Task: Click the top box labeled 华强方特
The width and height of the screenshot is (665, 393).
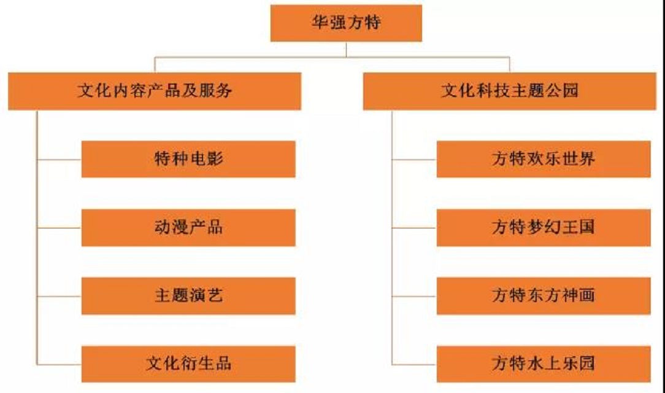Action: (x=346, y=23)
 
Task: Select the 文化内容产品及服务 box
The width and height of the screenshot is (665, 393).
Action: (x=155, y=91)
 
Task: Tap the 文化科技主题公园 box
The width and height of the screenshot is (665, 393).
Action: (x=509, y=91)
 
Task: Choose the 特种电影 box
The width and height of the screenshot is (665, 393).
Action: (x=188, y=159)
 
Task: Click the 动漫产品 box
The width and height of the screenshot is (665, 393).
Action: (x=188, y=227)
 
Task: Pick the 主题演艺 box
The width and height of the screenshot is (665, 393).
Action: (x=188, y=295)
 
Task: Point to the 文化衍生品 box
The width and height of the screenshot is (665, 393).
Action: (x=188, y=363)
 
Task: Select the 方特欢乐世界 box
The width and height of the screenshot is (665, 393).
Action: (x=544, y=159)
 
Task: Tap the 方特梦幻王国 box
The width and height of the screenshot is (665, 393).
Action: (x=544, y=227)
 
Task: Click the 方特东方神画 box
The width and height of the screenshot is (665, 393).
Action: (x=544, y=295)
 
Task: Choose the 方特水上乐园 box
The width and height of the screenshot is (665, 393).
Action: (x=544, y=363)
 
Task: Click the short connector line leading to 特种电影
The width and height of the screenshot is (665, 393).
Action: (x=59, y=160)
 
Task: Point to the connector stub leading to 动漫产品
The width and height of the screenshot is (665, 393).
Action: (x=59, y=228)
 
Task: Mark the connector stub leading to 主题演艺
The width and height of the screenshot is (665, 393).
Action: (x=59, y=296)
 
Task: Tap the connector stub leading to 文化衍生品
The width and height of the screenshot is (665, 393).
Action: (x=59, y=364)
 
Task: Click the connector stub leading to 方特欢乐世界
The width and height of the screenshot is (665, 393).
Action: (x=414, y=160)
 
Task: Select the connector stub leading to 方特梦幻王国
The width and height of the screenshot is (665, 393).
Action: (x=414, y=228)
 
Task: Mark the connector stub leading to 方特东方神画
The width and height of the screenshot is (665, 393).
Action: (x=414, y=296)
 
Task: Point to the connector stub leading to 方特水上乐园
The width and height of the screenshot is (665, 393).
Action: (x=414, y=364)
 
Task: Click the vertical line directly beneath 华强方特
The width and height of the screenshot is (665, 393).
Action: (x=346, y=49)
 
